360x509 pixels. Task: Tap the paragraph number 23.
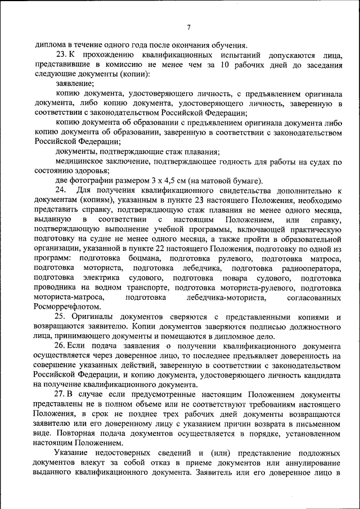tap(61, 55)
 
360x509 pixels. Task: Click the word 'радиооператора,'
tap(313, 268)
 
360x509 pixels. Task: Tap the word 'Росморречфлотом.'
tap(67, 307)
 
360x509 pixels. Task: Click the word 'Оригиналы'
tap(93, 317)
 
